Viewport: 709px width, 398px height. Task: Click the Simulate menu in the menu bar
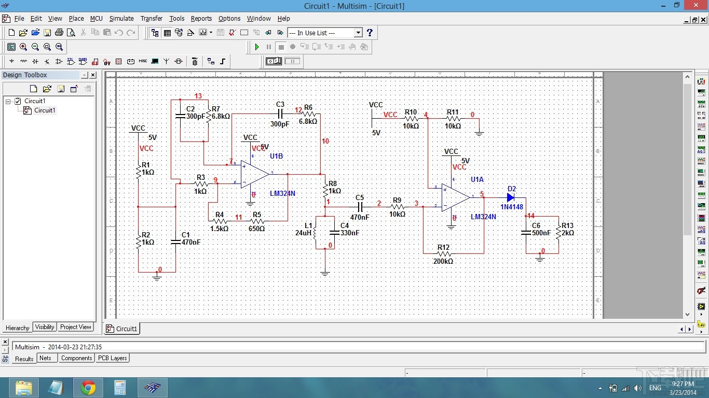(x=121, y=19)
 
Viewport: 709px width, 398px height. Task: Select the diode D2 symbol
(x=511, y=197)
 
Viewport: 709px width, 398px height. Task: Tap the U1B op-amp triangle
(x=254, y=174)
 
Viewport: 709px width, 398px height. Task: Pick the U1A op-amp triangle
(x=455, y=197)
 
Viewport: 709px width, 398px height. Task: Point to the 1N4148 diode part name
(x=512, y=207)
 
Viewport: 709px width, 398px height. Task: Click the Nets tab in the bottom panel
(x=46, y=358)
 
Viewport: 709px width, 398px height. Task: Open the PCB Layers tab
(x=112, y=358)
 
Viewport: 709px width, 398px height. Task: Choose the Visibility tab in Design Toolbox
(x=45, y=327)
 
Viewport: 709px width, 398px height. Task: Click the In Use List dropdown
(x=325, y=33)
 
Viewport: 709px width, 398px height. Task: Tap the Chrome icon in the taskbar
(x=88, y=388)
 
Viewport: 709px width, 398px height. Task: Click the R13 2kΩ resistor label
(x=567, y=230)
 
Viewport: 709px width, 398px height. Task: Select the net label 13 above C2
(x=198, y=96)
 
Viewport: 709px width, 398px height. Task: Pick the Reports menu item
(x=201, y=19)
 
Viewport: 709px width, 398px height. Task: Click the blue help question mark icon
(x=370, y=33)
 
